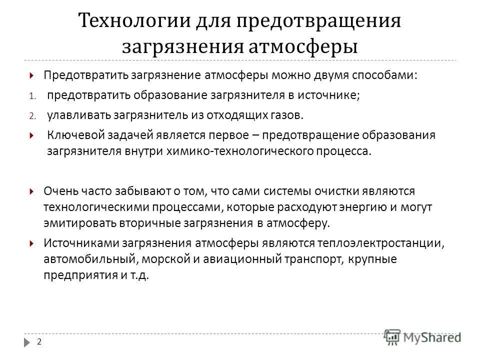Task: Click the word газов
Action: pyautogui.click(x=285, y=115)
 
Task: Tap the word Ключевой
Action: pyautogui.click(x=71, y=135)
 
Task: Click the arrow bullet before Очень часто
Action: pyautogui.click(x=31, y=191)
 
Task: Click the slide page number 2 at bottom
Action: pyautogui.click(x=39, y=341)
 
